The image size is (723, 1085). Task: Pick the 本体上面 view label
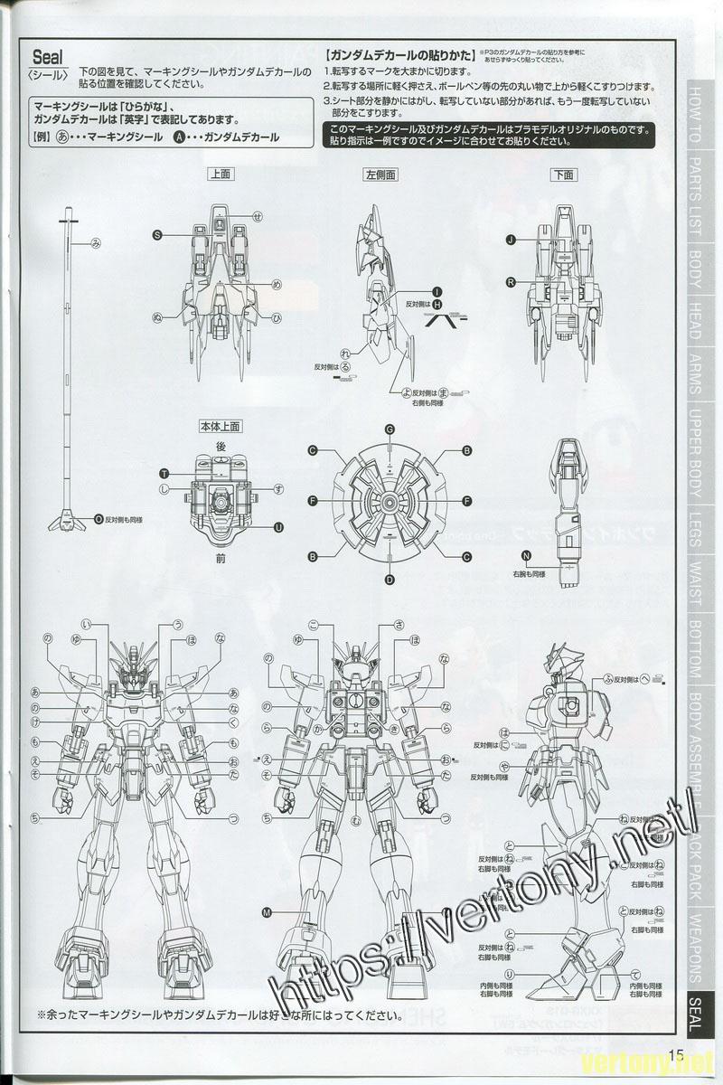[x=220, y=424]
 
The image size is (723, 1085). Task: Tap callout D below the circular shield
[x=390, y=579]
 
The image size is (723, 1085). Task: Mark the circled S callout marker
[x=157, y=234]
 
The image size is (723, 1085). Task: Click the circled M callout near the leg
[x=266, y=912]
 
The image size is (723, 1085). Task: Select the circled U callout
[x=277, y=527]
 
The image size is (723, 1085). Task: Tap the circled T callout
[x=164, y=474]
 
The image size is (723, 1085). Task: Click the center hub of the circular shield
[x=390, y=502]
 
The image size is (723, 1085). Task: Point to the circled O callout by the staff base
[x=99, y=519]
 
